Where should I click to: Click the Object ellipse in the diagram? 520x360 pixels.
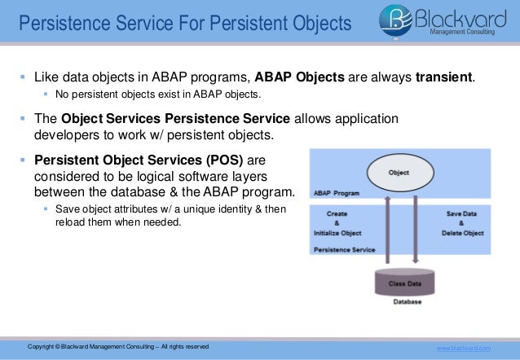(399, 173)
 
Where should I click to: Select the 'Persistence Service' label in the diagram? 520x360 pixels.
(344, 251)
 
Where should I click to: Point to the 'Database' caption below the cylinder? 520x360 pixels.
(407, 302)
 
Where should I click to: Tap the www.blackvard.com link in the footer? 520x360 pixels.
(465, 348)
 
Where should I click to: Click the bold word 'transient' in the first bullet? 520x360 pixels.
(446, 78)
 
